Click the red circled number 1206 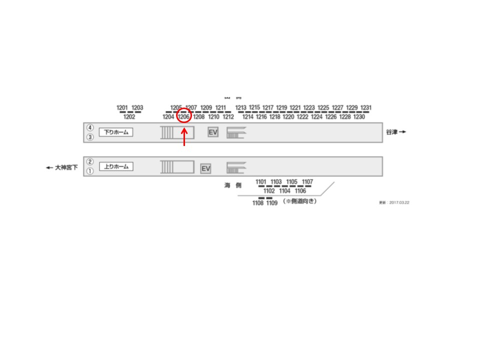(x=184, y=117)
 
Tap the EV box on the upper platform (x=213, y=132)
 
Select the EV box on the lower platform (x=205, y=169)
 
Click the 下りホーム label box (x=116, y=132)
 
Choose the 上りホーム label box (x=116, y=166)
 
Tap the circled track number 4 (x=90, y=128)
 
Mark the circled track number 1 (x=90, y=171)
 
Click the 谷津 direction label (x=395, y=132)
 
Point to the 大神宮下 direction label (x=62, y=168)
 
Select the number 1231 (x=366, y=107)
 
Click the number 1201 (x=122, y=107)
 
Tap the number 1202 (x=129, y=117)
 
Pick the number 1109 (x=271, y=203)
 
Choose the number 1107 (x=308, y=181)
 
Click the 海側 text (x=232, y=185)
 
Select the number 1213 (x=241, y=107)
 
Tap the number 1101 (x=261, y=181)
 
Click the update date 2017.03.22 (x=394, y=202)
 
